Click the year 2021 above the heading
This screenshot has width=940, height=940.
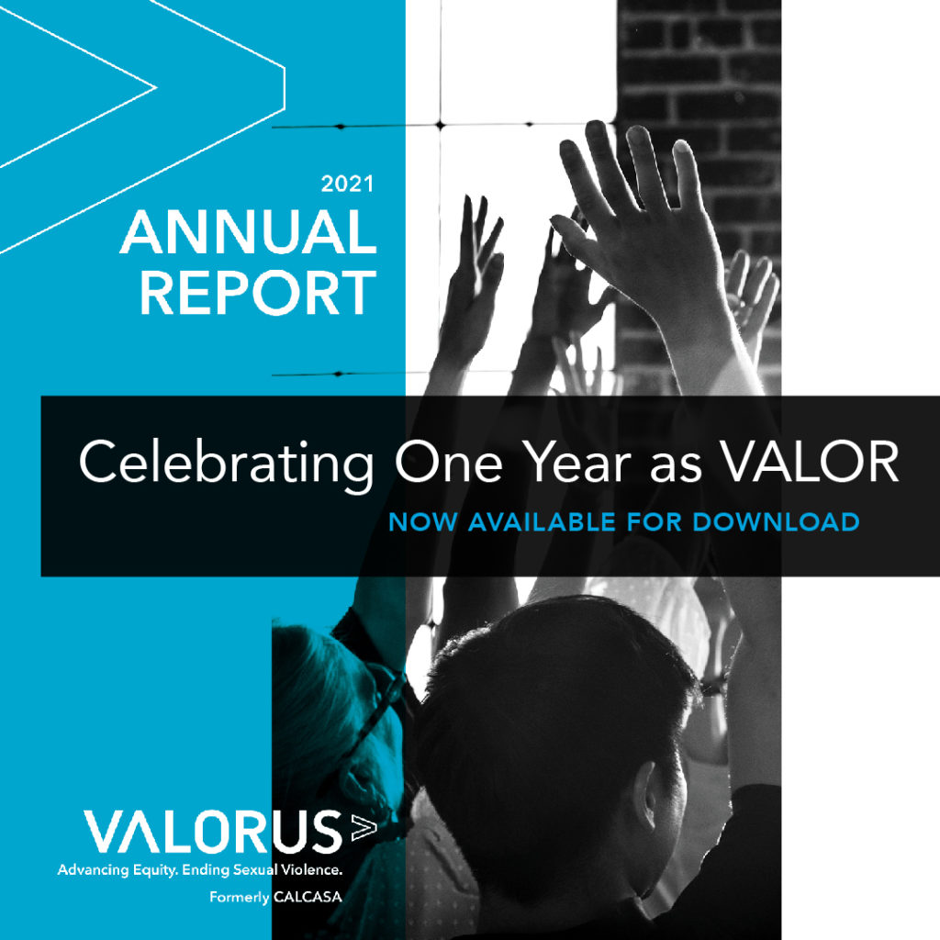pos(347,184)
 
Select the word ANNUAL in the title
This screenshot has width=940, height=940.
pos(249,231)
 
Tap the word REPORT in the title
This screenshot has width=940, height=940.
pos(258,292)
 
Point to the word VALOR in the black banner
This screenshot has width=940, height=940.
pos(810,462)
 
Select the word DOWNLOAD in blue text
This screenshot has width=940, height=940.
pos(777,522)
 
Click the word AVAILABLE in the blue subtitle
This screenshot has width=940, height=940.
pos(542,522)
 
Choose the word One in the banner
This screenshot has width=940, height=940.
pos(448,462)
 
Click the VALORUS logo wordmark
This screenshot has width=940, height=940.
pos(213,832)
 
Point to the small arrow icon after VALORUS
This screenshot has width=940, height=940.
pos(364,827)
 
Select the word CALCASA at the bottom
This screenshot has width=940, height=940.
pos(308,898)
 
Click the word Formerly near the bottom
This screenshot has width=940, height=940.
pos(240,898)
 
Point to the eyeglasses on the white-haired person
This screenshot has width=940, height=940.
pos(375,708)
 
